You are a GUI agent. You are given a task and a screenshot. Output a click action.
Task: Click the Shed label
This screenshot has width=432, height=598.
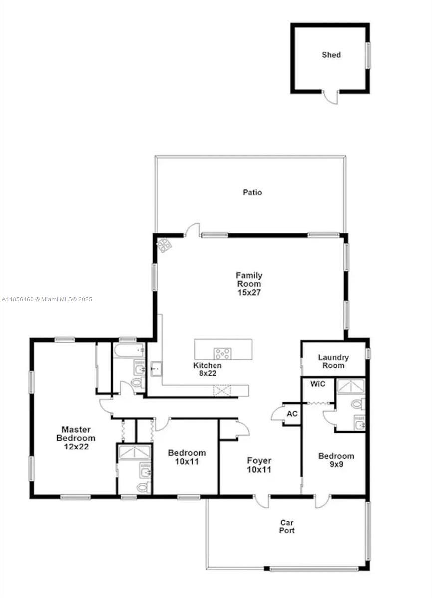[331, 55]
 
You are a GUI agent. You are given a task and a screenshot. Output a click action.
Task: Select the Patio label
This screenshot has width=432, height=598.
[252, 192]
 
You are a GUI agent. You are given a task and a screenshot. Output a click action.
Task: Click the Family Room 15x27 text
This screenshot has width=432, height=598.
[249, 284]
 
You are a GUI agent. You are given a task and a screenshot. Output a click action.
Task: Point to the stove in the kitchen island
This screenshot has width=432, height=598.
[222, 353]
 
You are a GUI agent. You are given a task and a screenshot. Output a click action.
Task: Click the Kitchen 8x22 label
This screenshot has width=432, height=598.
[208, 369]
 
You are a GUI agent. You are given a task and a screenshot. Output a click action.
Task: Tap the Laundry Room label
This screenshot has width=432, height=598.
[333, 361]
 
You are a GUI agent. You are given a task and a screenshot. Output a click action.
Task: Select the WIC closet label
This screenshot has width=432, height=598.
[317, 384]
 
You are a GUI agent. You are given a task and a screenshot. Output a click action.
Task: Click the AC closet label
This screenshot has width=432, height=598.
[292, 414]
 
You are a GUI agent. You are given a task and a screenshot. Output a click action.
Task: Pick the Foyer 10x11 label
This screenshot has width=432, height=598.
[259, 465]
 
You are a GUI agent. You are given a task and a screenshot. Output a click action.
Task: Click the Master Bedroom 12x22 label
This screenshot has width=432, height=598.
[76, 438]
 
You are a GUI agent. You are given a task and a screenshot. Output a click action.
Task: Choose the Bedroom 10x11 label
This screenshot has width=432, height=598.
[187, 457]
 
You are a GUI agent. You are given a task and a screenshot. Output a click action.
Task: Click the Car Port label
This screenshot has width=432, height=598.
[287, 526]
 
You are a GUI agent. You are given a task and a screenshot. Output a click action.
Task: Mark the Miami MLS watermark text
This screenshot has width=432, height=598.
[47, 299]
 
